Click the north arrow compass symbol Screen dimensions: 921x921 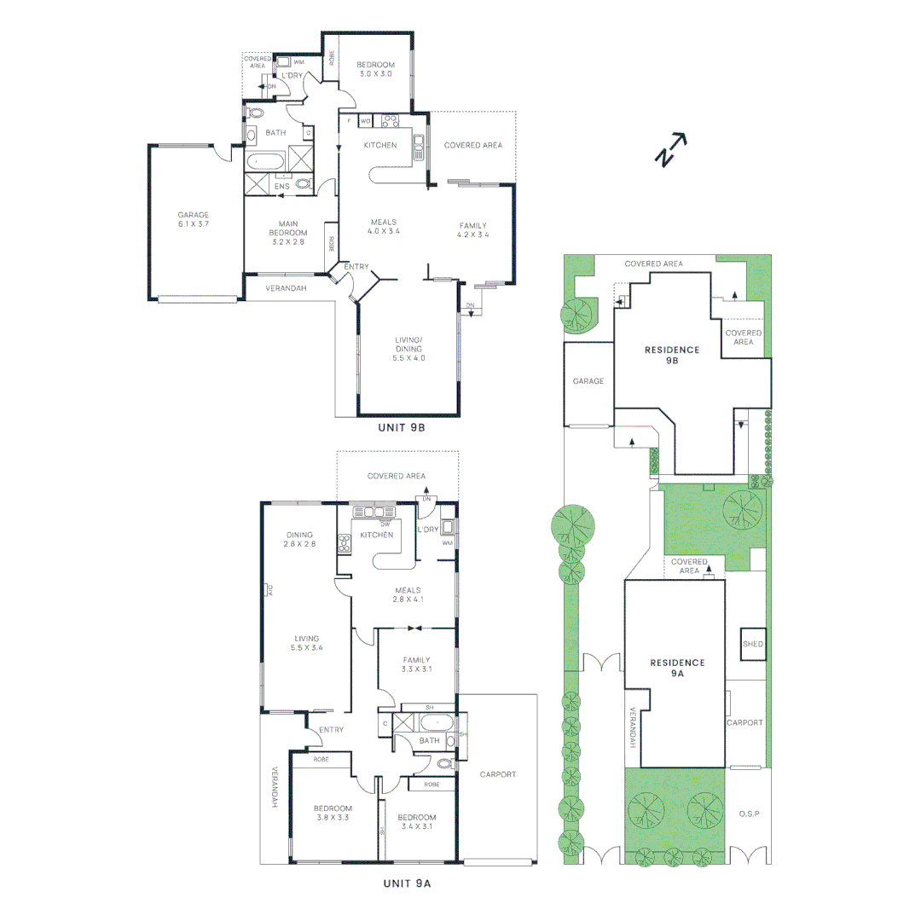pyautogui.click(x=671, y=149)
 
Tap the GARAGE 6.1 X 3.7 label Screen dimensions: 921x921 pyautogui.click(x=193, y=219)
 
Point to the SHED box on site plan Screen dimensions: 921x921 pyautogui.click(x=753, y=645)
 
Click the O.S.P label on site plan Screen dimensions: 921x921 pyautogui.click(x=749, y=814)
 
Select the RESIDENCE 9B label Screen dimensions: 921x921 pyautogui.click(x=672, y=355)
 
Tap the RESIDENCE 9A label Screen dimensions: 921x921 pyautogui.click(x=677, y=668)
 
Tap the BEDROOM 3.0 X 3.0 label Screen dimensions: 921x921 pyautogui.click(x=375, y=70)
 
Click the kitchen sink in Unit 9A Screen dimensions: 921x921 pyautogui.click(x=377, y=513)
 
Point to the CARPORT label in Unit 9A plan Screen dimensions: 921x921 pyautogui.click(x=497, y=774)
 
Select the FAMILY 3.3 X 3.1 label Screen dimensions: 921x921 pyautogui.click(x=417, y=664)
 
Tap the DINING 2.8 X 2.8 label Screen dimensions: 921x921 pyautogui.click(x=300, y=539)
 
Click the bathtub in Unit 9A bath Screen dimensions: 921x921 pyautogui.click(x=437, y=724)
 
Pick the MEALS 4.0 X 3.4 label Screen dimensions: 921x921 pyautogui.click(x=384, y=226)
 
